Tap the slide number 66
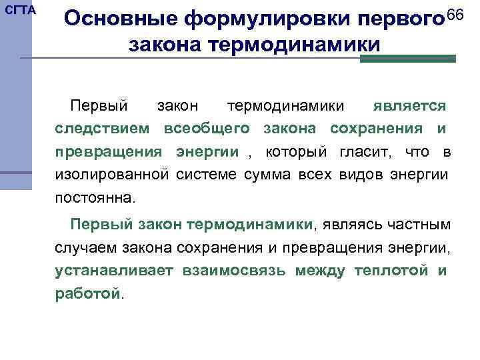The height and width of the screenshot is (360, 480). click(455, 15)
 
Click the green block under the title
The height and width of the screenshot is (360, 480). click(407, 59)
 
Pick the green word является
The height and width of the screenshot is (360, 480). click(409, 106)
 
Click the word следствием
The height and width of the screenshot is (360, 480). click(105, 129)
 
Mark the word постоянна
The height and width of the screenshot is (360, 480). click(95, 199)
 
